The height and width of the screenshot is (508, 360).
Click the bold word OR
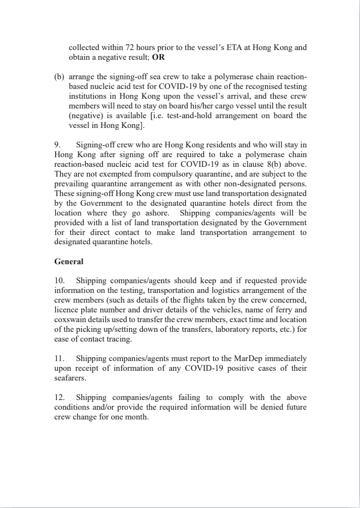(x=159, y=57)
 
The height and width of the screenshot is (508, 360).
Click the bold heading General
(x=69, y=261)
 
